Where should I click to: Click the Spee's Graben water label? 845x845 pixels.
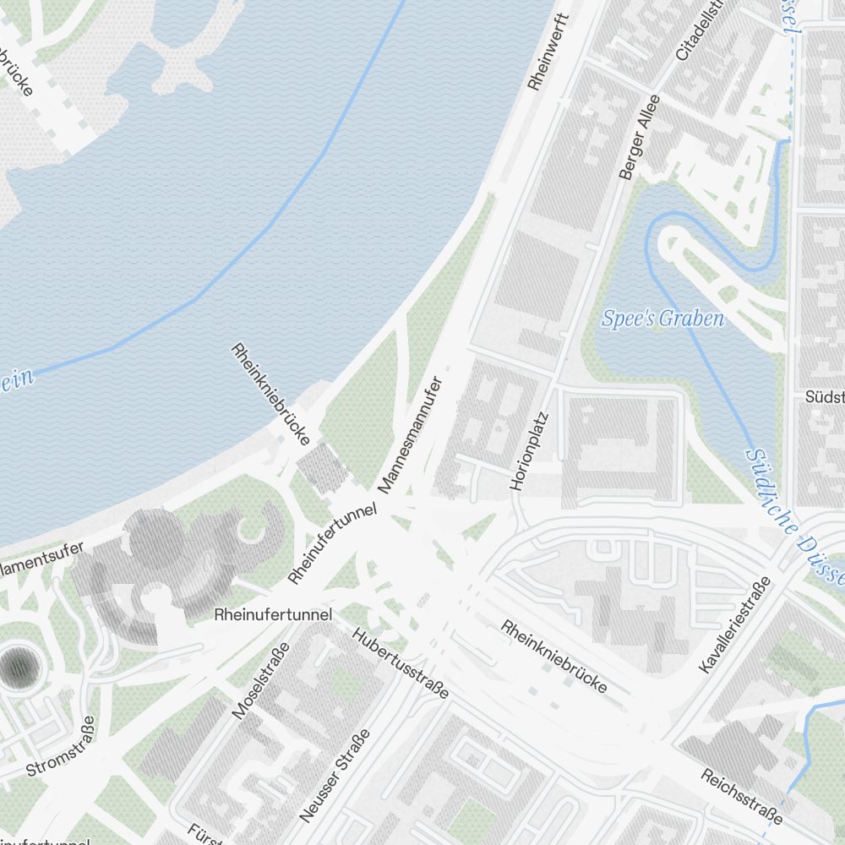point(663,319)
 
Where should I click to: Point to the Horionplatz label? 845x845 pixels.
point(530,451)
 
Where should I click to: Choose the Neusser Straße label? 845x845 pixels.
point(335,776)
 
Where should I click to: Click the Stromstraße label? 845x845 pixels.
point(61,748)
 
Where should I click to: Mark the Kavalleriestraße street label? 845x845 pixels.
point(736,625)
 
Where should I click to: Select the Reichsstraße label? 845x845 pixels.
point(740,797)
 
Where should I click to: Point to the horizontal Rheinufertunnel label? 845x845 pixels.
point(273,614)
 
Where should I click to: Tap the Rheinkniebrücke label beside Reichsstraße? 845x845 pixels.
point(554,657)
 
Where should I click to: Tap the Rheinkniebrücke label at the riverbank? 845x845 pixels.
point(271,394)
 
